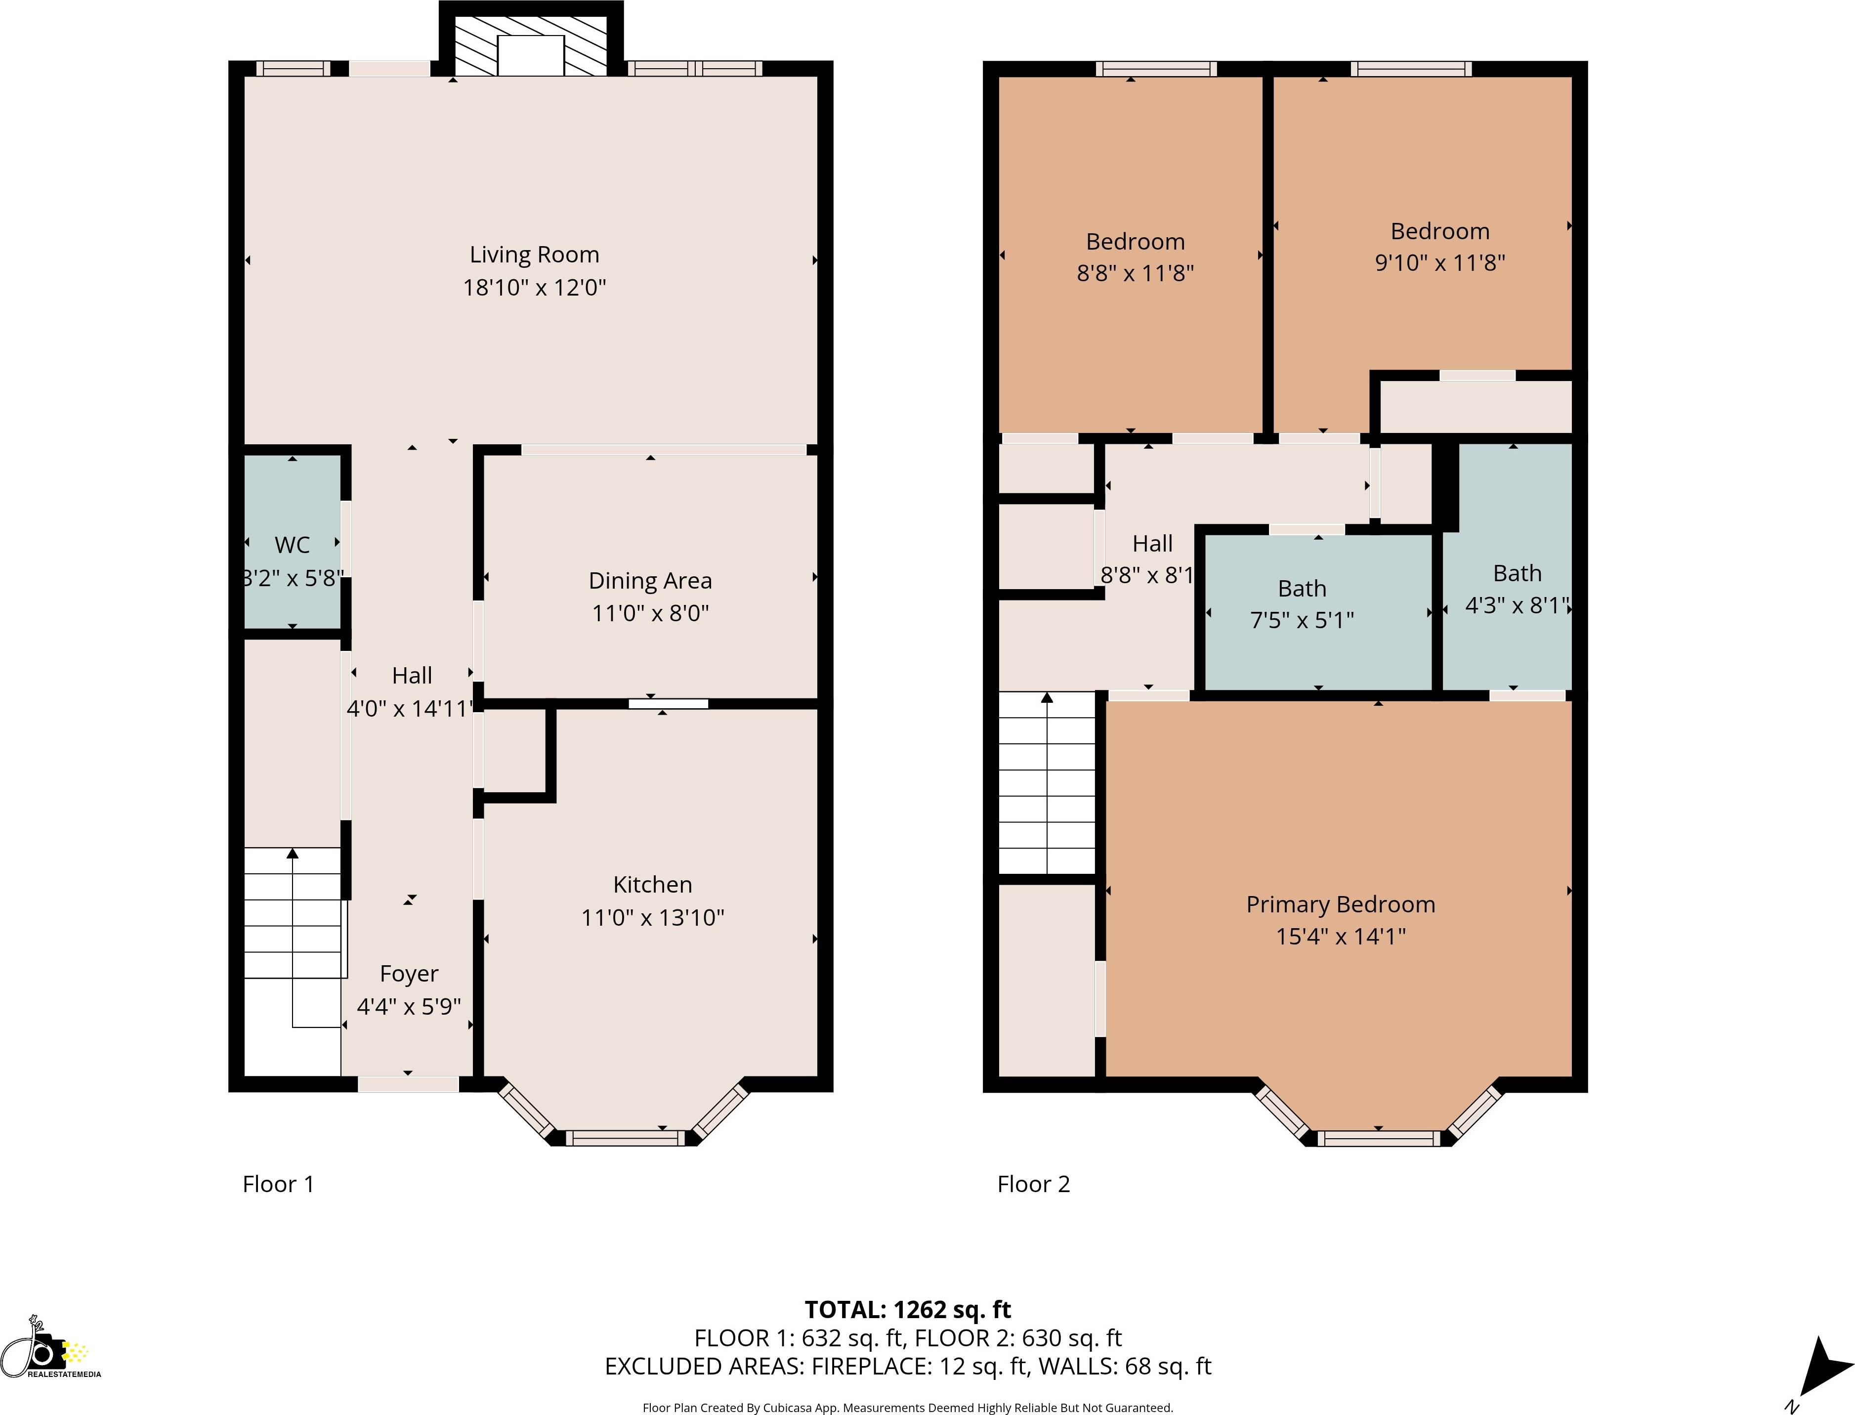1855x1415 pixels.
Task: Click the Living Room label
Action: (534, 255)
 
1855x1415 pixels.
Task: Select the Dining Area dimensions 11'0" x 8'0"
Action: (650, 613)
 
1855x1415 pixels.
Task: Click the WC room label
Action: (292, 545)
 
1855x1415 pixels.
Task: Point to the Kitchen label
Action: (653, 884)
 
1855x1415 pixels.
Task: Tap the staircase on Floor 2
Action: (1047, 783)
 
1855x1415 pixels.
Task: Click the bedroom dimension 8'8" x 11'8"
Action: (1135, 273)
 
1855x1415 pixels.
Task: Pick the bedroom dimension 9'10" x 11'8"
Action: (1440, 263)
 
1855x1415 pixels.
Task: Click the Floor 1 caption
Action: (278, 1184)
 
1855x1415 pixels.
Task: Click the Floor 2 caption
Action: (1033, 1184)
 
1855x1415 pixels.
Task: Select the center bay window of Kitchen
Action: (625, 1138)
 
